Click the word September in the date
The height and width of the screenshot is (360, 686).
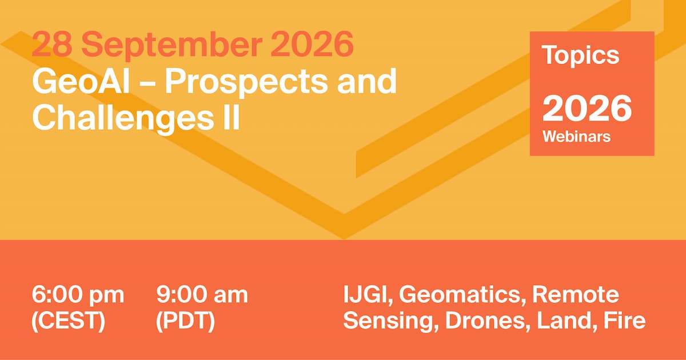click(171, 45)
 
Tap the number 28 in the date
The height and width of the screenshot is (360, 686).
click(52, 44)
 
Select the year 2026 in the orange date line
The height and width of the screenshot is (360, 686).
click(312, 44)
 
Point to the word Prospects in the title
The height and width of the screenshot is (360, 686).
click(246, 83)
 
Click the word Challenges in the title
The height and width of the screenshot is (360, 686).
click(123, 118)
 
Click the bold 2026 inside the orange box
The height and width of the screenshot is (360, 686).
click(587, 109)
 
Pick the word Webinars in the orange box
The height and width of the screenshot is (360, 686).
click(577, 137)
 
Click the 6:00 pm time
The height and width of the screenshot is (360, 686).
click(78, 295)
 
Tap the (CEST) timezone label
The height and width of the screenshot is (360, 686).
click(68, 321)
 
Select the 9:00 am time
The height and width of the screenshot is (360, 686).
click(202, 295)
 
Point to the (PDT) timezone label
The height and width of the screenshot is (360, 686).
click(186, 321)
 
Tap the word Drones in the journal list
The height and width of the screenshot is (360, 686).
click(488, 321)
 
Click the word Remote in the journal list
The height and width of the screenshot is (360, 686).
click(576, 295)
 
